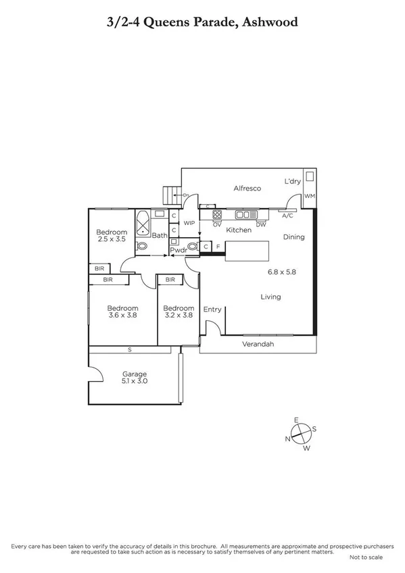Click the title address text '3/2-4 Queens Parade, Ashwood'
pos(202,22)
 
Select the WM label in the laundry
pos(310,196)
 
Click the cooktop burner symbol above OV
pos(218,215)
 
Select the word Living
pos(271,297)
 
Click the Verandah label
pos(258,345)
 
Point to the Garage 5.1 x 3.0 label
pos(135,378)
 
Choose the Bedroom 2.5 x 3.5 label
pos(112,236)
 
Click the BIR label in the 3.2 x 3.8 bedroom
pos(170,279)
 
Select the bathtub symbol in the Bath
pos(143,222)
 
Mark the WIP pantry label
pos(189,222)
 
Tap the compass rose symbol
pos(301,433)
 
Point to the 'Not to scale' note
pos(366,557)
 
